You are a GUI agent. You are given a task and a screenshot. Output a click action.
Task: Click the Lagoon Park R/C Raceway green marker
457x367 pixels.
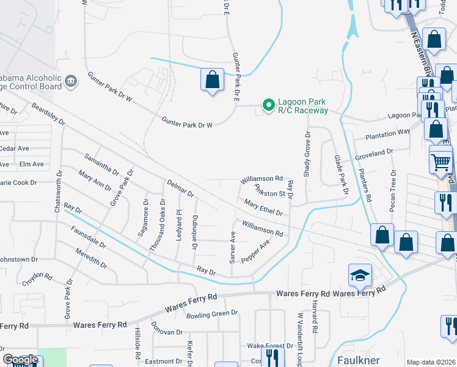click(x=268, y=106)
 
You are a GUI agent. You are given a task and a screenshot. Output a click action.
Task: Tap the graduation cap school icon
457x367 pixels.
click(x=360, y=275)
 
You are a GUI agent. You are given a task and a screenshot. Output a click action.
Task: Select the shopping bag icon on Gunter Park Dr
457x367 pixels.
click(x=212, y=80)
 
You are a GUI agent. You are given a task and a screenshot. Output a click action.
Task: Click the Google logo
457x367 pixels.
click(x=20, y=360)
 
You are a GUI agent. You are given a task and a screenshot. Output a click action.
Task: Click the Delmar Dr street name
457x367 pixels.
click(x=180, y=188)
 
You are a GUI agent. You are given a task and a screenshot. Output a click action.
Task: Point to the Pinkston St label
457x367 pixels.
click(x=270, y=191)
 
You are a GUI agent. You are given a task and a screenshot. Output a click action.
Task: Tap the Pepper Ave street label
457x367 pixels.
click(x=256, y=251)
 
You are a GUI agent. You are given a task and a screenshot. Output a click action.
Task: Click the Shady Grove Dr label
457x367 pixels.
click(x=308, y=153)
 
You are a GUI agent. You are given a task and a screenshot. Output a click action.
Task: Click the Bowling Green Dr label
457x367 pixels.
click(x=211, y=314)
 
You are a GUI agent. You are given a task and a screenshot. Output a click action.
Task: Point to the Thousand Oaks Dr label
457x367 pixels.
click(x=158, y=224)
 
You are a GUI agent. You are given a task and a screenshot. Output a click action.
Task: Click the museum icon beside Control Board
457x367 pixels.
click(x=71, y=80)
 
